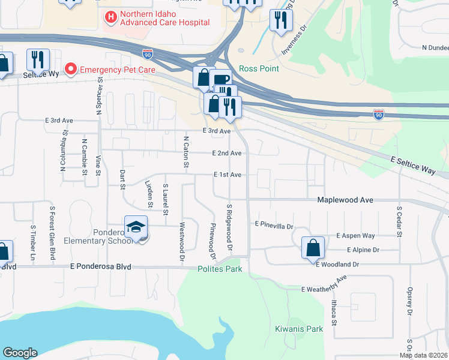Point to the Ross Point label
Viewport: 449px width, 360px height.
(259, 68)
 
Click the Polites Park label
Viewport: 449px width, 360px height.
(220, 269)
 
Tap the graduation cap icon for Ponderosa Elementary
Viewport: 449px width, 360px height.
(136, 227)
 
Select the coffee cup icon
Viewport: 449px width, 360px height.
(221, 80)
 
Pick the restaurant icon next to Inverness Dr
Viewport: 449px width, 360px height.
(280, 21)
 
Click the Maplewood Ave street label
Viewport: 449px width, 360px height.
(345, 199)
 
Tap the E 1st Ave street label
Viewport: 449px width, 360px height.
(228, 175)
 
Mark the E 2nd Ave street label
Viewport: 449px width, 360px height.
(227, 153)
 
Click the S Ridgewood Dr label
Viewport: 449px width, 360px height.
(229, 227)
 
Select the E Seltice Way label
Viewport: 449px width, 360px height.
(413, 166)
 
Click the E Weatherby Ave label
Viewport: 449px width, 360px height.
(325, 284)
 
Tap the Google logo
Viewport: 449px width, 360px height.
(20, 353)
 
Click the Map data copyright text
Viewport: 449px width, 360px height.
(423, 355)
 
